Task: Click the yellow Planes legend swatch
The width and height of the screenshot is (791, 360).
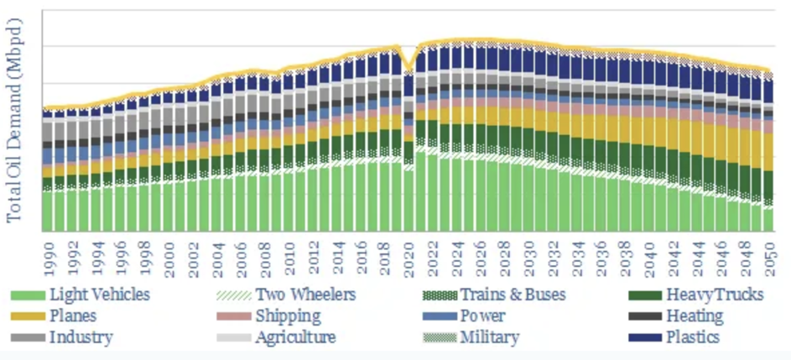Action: (27, 316)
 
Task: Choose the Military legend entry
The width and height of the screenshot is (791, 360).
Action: (489, 337)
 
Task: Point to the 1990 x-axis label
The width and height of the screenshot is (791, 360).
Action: (49, 256)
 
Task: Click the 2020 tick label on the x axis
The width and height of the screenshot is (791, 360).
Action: (409, 256)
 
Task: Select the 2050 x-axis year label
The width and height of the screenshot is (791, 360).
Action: (768, 256)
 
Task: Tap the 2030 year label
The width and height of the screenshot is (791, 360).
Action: (528, 256)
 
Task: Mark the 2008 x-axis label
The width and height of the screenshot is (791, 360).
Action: (265, 256)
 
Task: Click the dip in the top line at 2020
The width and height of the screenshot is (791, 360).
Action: (409, 70)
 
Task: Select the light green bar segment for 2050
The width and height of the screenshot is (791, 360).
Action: (768, 218)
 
